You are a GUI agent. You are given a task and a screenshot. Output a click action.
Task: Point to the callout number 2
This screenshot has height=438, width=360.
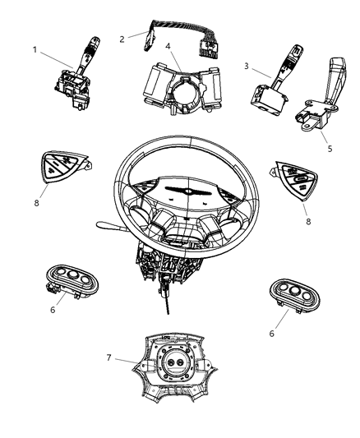122,38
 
